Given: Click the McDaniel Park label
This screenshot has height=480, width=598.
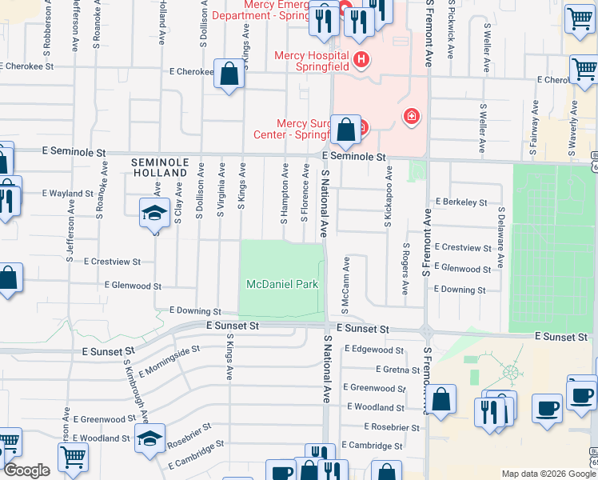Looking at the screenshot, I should pyautogui.click(x=282, y=284).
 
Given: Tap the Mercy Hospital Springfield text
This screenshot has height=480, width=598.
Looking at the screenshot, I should pyautogui.click(x=312, y=61).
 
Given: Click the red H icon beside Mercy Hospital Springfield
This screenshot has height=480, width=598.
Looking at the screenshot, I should pyautogui.click(x=361, y=59).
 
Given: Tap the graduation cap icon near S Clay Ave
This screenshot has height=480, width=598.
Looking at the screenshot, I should pyautogui.click(x=154, y=213).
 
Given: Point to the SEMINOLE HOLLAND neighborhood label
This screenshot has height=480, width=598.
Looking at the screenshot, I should pyautogui.click(x=160, y=167).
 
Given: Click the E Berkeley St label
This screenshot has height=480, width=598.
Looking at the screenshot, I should pyautogui.click(x=461, y=203).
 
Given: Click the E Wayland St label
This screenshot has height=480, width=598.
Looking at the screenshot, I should pyautogui.click(x=68, y=194).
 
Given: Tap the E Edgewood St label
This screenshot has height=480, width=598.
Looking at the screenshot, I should pyautogui.click(x=374, y=350).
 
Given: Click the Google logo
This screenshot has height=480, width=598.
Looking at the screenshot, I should pyautogui.click(x=26, y=471).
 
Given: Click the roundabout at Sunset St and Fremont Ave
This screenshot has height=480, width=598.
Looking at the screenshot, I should pyautogui.click(x=427, y=330).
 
